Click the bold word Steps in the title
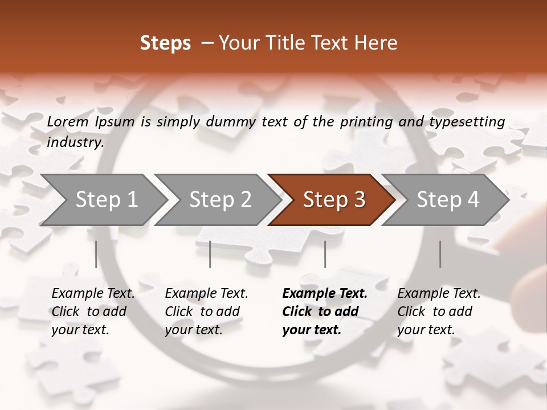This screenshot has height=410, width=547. tap(165, 43)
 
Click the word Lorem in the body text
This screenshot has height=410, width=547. tap(68, 122)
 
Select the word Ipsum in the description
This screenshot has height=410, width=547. tap(115, 122)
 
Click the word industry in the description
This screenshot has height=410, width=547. tap(75, 142)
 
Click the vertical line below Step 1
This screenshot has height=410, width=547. tap(96, 254)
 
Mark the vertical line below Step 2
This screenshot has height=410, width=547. tap(210, 254)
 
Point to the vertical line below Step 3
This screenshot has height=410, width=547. tap(325, 254)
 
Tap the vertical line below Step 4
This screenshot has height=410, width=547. tap(440, 254)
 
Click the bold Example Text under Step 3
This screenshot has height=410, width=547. tap(325, 294)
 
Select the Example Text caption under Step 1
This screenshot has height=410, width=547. tap(93, 294)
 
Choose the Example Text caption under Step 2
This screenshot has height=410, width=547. tap(206, 294)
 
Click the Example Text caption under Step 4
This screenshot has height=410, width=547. tap(439, 294)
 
